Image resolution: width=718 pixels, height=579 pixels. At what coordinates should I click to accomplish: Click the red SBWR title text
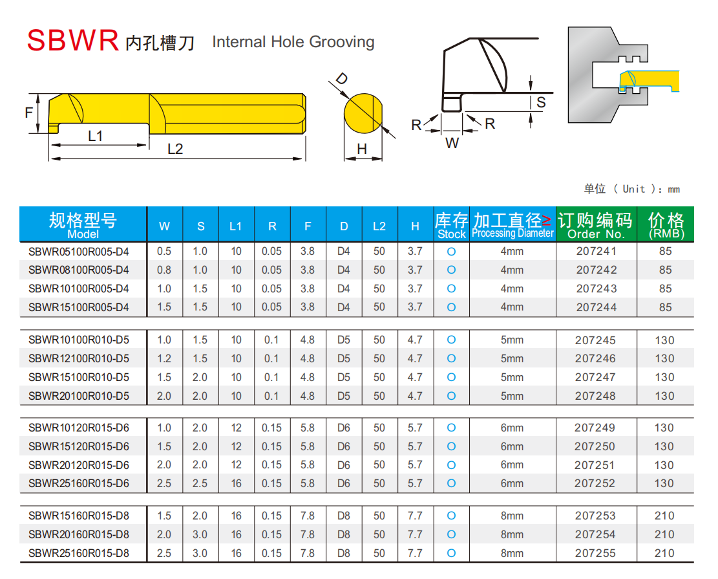tap(72, 40)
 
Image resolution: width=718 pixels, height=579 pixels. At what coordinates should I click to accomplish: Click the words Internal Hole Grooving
tap(293, 42)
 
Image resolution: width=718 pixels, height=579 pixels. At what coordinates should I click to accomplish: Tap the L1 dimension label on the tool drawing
tap(96, 136)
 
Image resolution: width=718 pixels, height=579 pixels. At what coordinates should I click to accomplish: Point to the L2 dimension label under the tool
tap(175, 149)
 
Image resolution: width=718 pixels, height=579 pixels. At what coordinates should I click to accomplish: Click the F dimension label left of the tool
tap(28, 113)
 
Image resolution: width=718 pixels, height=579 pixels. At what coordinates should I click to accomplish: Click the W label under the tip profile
tap(452, 143)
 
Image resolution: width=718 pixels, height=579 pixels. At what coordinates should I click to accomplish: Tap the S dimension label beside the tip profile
tap(541, 102)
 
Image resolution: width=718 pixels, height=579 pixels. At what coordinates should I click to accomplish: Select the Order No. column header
tap(596, 224)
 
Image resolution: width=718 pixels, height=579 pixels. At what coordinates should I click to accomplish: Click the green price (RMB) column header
tap(666, 224)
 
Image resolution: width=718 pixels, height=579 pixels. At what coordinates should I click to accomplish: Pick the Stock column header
tap(451, 224)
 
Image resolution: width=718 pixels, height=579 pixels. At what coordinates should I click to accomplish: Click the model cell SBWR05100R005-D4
tap(79, 252)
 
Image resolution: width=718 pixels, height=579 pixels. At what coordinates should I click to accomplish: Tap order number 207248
tap(596, 395)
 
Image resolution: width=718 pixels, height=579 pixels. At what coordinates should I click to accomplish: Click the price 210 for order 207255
tap(664, 553)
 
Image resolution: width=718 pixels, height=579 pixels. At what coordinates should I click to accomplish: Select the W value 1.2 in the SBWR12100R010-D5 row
tap(165, 358)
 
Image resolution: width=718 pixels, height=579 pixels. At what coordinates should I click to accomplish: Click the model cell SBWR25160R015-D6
tap(79, 483)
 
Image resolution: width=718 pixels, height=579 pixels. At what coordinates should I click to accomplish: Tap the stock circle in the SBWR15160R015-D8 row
tap(451, 516)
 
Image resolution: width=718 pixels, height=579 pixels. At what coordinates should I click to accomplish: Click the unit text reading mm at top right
tap(673, 189)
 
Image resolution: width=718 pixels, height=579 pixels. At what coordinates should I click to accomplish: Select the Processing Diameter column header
tap(512, 224)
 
